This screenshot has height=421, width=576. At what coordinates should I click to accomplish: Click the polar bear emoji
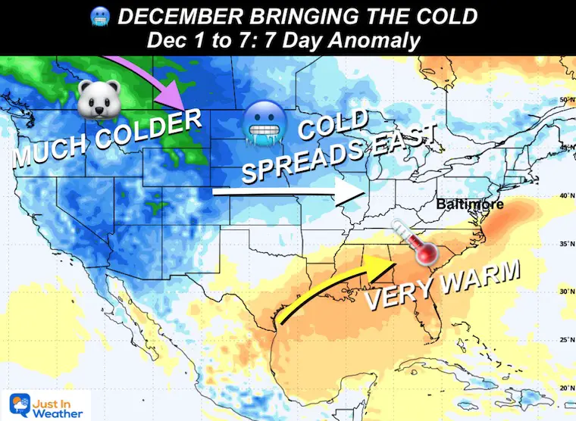96,99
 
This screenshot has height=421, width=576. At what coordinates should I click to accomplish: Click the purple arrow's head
177,98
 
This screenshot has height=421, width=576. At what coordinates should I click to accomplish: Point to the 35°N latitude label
563,243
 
